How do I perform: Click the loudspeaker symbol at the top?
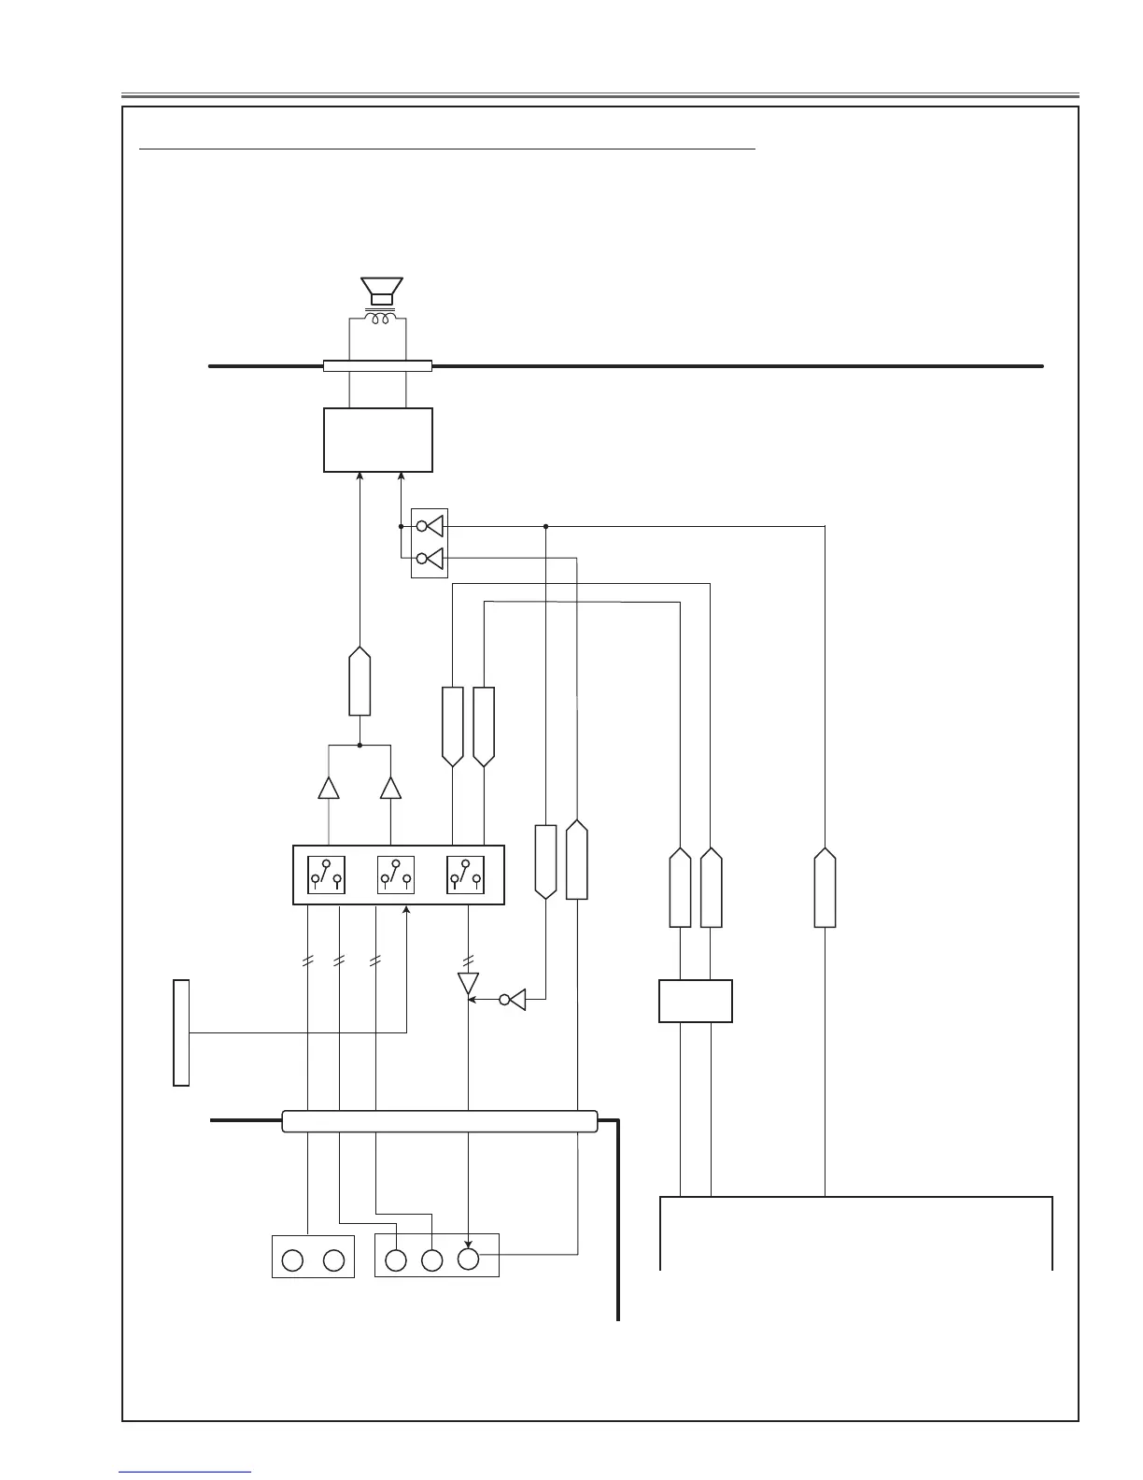pyautogui.click(x=381, y=291)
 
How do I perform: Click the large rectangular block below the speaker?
pyautogui.click(x=378, y=440)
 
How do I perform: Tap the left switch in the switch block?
pyautogui.click(x=326, y=875)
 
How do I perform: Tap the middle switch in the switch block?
pyautogui.click(x=396, y=875)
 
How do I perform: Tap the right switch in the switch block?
pyautogui.click(x=465, y=875)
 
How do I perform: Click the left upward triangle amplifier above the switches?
pyautogui.click(x=329, y=788)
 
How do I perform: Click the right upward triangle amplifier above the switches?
pyautogui.click(x=390, y=788)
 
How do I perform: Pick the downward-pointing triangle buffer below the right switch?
pyautogui.click(x=468, y=983)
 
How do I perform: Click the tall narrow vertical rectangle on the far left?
pyautogui.click(x=181, y=1032)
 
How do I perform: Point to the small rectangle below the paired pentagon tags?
pyautogui.click(x=696, y=1001)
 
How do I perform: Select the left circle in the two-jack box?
pyautogui.click(x=292, y=1260)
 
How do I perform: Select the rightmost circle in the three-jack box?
pyautogui.click(x=468, y=1259)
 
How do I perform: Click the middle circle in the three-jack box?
pyautogui.click(x=431, y=1260)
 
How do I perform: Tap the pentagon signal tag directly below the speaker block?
pyautogui.click(x=360, y=681)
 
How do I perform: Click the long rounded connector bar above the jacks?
pyautogui.click(x=439, y=1121)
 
